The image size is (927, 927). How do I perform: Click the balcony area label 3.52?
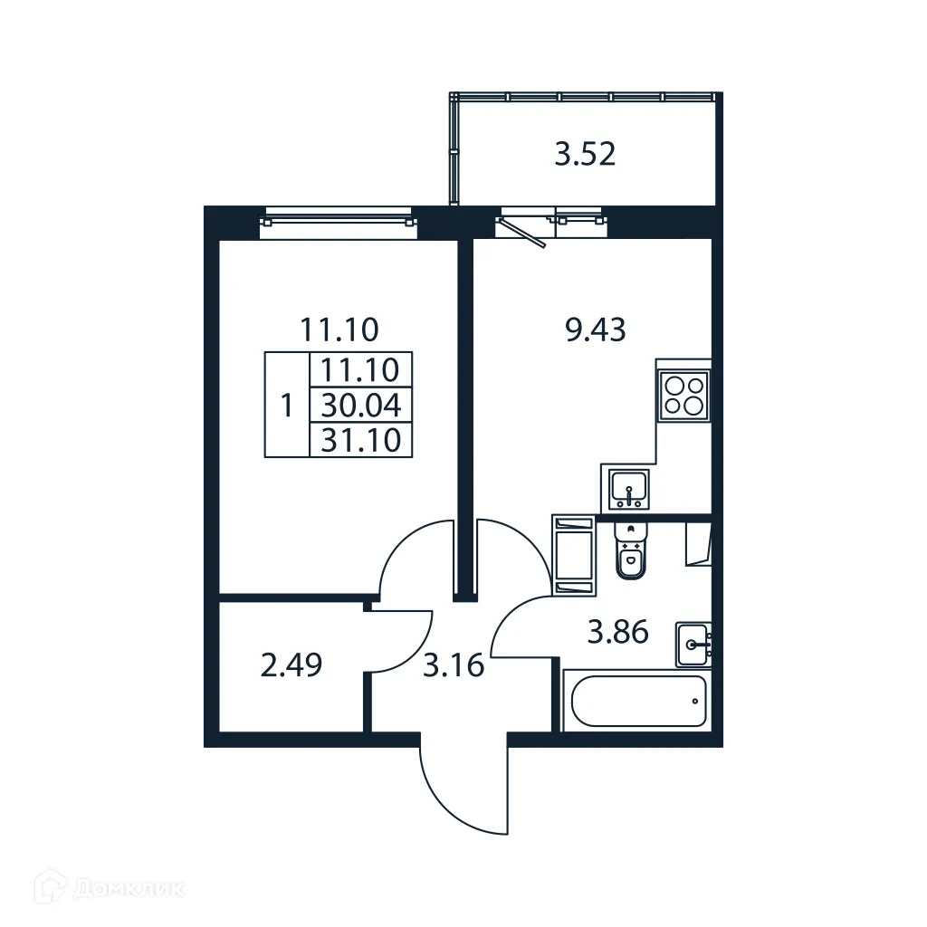pos(585,154)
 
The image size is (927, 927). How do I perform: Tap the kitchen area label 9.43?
pos(595,330)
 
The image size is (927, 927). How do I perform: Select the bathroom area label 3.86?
pos(617,632)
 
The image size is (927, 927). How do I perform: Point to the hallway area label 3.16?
pos(454,668)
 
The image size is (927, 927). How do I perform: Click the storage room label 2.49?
pos(291,666)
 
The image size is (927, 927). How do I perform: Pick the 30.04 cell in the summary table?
pos(360,405)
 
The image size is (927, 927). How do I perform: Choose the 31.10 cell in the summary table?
pos(360,440)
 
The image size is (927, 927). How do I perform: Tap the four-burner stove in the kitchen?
pos(683,394)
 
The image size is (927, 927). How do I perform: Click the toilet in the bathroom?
pos(630,552)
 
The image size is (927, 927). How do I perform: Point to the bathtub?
pos(634,700)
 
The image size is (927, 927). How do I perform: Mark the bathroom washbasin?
pos(693,645)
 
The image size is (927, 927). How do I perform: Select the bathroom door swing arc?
pos(521,625)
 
